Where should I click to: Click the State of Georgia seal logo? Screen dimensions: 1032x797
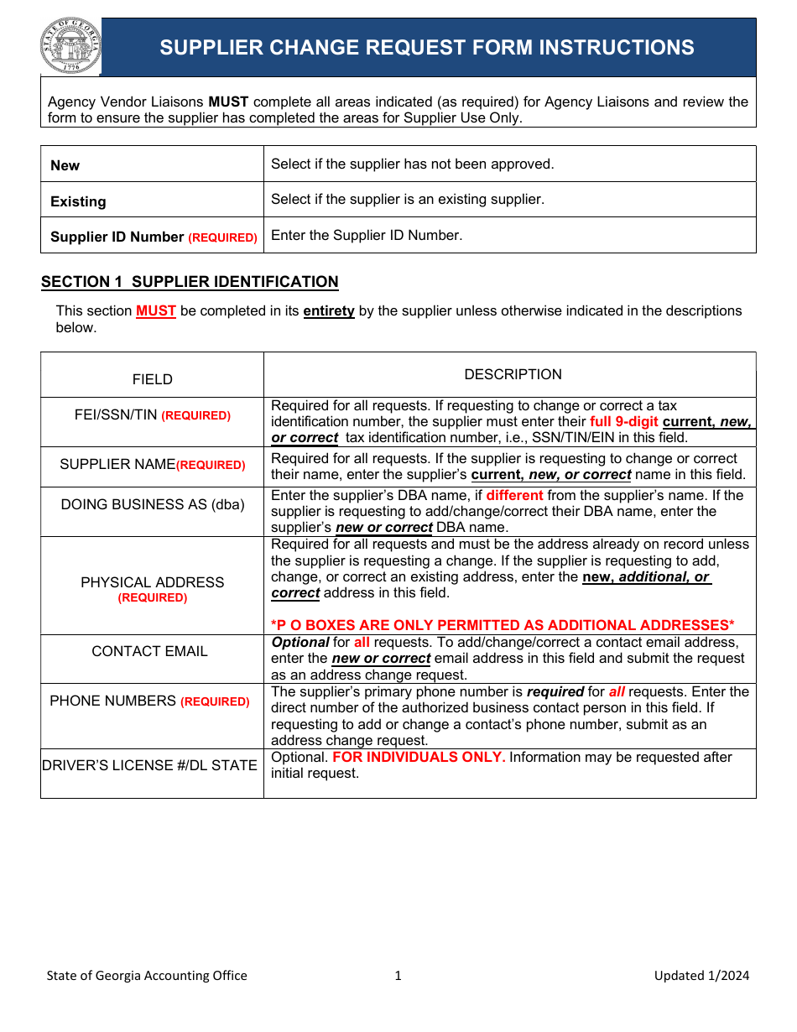click(70, 47)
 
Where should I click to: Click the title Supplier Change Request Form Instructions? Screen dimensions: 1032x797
click(427, 48)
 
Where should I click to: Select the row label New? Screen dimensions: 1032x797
click(65, 165)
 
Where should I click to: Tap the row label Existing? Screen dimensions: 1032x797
click(78, 201)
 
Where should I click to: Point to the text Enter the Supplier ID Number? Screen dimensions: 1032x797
click(367, 236)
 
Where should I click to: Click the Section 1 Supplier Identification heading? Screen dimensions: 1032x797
click(190, 282)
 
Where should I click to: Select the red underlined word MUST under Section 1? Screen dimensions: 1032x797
click(156, 311)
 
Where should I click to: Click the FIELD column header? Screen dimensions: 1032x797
click(153, 379)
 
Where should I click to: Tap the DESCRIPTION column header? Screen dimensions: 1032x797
click(513, 374)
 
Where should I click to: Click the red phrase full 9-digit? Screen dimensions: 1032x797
click(624, 422)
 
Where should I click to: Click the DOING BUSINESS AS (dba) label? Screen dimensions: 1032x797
click(153, 504)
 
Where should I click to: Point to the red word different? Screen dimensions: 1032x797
click(514, 496)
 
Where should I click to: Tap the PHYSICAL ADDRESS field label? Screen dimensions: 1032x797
click(153, 582)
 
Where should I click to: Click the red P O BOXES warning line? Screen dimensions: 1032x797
click(503, 625)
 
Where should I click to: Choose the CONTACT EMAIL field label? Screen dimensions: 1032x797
click(149, 651)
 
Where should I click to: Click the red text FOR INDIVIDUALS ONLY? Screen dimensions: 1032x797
click(419, 758)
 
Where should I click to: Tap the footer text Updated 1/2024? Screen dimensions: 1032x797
click(701, 975)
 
